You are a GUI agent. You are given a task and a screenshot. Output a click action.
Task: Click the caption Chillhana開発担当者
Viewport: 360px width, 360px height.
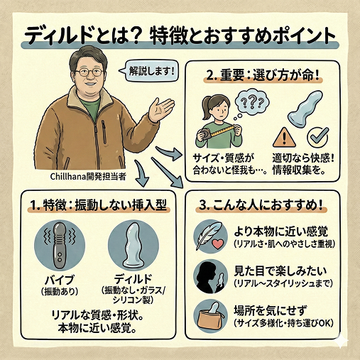point(88,177)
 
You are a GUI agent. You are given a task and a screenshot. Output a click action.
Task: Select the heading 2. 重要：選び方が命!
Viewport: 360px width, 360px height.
point(263,76)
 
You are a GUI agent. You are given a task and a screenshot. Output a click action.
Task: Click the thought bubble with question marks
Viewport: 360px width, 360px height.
point(251,104)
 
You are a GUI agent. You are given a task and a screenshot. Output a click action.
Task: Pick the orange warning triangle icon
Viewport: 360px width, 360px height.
point(284,138)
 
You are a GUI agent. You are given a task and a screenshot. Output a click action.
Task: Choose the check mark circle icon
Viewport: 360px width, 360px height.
point(318,137)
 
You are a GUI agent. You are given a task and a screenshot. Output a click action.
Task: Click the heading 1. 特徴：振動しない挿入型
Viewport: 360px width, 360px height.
point(99,205)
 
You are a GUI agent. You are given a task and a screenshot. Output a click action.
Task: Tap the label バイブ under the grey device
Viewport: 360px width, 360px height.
point(60,280)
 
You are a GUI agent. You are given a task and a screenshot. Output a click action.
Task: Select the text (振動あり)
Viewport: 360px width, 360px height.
point(60,292)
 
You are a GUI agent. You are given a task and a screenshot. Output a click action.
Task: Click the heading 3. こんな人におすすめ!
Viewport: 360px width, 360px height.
point(261,205)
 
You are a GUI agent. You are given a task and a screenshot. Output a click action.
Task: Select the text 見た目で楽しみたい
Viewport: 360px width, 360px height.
point(280,271)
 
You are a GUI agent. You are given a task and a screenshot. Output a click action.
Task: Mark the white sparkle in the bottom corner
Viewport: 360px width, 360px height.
point(340,341)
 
